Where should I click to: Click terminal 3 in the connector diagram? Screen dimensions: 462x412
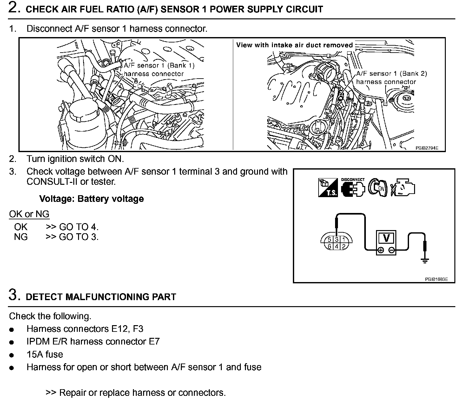click(x=337, y=240)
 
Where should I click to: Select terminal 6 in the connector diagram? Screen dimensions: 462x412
click(x=330, y=246)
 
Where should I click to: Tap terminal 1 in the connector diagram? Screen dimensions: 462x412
click(x=343, y=240)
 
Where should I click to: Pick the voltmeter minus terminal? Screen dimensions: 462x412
click(x=392, y=250)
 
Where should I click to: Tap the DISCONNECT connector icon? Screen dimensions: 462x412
click(x=353, y=188)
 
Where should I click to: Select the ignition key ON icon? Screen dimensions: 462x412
click(x=378, y=188)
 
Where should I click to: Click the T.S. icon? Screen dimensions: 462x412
click(x=328, y=188)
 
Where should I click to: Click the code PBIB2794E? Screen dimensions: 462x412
click(x=427, y=148)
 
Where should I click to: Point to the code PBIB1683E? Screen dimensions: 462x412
click(x=436, y=279)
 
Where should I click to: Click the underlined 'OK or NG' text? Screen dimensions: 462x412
click(x=29, y=214)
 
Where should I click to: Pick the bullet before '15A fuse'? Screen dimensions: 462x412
click(x=12, y=355)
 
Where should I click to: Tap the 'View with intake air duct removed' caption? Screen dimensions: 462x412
click(x=294, y=45)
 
